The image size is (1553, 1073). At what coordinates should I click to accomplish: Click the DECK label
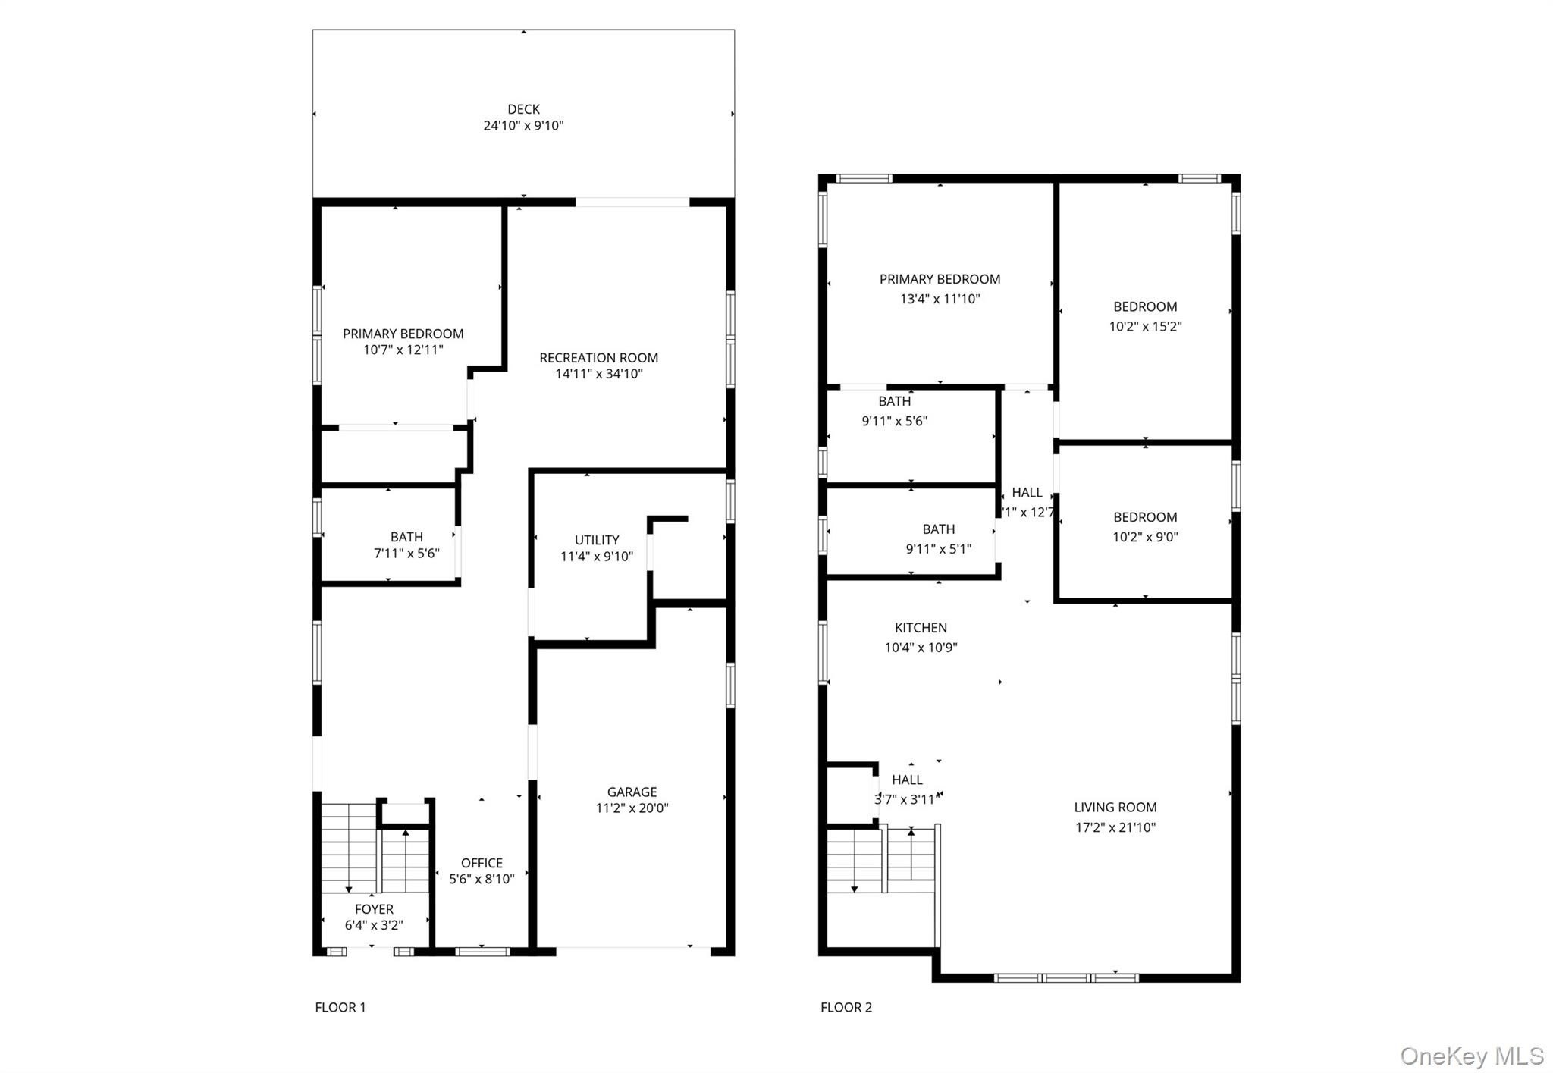coord(523,109)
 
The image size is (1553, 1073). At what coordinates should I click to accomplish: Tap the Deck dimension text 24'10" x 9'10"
coord(523,126)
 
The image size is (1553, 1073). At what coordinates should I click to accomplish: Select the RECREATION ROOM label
coord(598,358)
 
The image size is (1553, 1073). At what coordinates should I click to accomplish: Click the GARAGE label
coord(632,792)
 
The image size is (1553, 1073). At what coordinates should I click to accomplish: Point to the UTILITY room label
coord(597,540)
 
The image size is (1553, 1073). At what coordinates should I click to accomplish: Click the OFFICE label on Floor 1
coord(482,863)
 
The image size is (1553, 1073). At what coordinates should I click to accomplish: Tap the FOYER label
coord(374,909)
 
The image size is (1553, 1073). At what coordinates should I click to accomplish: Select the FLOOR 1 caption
coord(340,1007)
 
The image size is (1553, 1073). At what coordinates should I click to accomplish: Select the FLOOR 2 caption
coord(846,1007)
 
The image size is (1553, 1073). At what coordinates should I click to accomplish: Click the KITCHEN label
coord(921,628)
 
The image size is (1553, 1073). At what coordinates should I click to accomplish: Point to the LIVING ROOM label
coord(1115,808)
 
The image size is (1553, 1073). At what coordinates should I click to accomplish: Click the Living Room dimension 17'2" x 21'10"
coord(1115,827)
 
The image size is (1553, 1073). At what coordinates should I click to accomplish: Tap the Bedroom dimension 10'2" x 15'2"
coord(1145,327)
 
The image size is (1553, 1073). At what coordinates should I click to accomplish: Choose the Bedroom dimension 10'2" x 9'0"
coord(1145,537)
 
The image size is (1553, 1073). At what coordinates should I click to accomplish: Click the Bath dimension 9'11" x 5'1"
coord(938,549)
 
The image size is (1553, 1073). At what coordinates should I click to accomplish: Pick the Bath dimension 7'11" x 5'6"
coord(406,554)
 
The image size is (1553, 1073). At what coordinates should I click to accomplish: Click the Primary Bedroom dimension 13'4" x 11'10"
coord(940,299)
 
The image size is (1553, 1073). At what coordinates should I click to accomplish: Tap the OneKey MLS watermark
coord(1471,1056)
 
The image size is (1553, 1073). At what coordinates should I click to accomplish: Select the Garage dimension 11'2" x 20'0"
coord(632,808)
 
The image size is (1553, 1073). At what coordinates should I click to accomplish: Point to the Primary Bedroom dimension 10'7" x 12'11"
coord(403,350)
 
